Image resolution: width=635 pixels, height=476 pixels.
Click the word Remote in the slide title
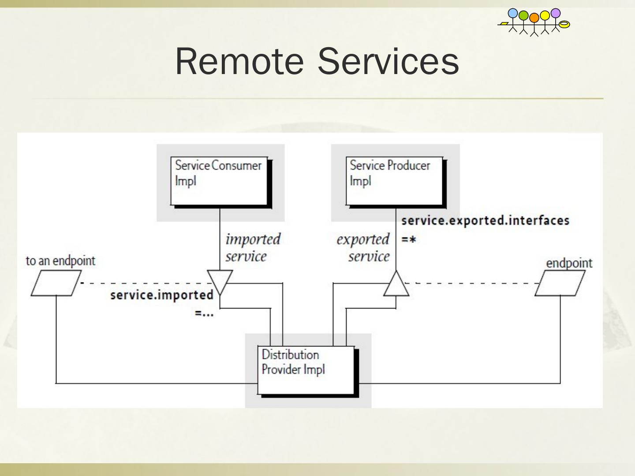[239, 62]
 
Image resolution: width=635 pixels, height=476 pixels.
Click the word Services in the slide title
[388, 62]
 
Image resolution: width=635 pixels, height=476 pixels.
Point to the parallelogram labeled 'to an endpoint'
[56, 283]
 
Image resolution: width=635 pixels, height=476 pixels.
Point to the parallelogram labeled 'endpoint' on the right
[560, 283]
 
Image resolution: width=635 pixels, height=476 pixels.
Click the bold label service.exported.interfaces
[486, 220]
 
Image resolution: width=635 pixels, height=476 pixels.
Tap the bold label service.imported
[162, 295]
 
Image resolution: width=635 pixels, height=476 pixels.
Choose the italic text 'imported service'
[253, 247]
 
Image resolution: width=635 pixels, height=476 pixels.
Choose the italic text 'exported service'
[363, 247]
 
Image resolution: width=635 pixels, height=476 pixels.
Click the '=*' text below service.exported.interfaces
[409, 240]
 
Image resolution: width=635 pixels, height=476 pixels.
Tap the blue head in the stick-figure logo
[513, 13]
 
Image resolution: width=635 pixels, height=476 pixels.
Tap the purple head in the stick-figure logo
[556, 13]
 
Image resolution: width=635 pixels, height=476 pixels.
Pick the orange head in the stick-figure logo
[534, 18]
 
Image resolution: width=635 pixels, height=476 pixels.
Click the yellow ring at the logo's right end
[564, 24]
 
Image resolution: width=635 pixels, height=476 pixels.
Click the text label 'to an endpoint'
[60, 261]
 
